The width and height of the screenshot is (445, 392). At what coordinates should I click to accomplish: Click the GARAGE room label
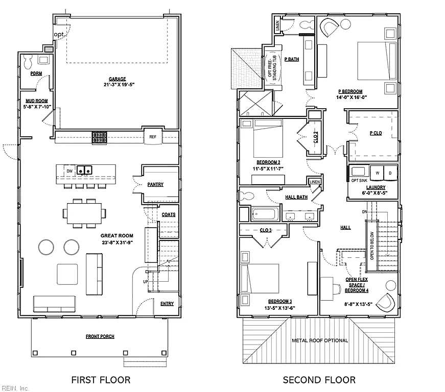[x=117, y=79]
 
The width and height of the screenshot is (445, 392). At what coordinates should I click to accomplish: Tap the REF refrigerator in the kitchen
[x=153, y=136]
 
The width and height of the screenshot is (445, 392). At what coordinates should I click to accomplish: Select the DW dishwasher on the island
[x=69, y=171]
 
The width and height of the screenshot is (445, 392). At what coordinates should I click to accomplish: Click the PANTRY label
[x=155, y=185]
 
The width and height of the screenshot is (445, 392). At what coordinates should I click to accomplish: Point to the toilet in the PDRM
[x=28, y=62]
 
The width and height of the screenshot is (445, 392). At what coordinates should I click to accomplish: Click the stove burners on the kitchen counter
[x=99, y=137]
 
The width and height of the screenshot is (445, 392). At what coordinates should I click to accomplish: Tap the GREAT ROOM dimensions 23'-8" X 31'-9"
[x=117, y=242]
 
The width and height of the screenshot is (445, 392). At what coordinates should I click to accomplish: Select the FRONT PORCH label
[x=100, y=336]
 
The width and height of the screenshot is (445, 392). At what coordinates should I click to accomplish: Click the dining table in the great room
[x=84, y=213]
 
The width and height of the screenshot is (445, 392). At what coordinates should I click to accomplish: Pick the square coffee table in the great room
[x=67, y=274]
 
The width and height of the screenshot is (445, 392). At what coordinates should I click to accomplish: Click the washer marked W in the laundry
[x=377, y=173]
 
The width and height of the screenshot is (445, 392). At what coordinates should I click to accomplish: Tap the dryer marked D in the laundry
[x=390, y=173]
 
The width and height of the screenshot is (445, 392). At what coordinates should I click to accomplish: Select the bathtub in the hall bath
[x=265, y=214]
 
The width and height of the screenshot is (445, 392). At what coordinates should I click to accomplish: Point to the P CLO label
[x=376, y=133]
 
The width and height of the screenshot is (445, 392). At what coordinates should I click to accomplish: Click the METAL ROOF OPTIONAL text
[x=320, y=340]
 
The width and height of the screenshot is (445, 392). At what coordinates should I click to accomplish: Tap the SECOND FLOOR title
[x=319, y=380]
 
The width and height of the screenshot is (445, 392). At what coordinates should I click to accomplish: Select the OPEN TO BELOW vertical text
[x=372, y=246]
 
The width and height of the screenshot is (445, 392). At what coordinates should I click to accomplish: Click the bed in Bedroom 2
[x=268, y=138]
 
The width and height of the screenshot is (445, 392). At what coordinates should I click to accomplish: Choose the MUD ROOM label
[x=37, y=101]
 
